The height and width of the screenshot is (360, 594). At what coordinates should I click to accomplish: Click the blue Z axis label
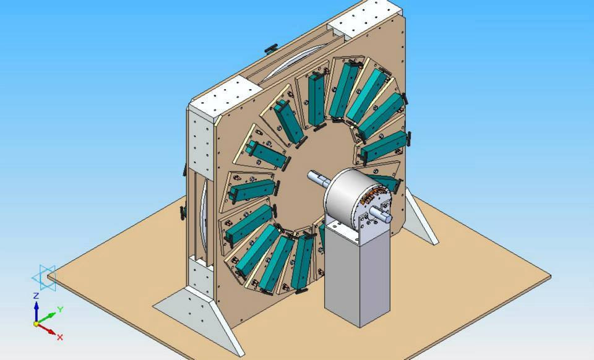coord(36,296)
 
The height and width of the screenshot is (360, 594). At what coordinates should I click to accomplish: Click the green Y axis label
coord(59,309)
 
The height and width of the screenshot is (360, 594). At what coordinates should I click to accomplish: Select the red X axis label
coord(60,337)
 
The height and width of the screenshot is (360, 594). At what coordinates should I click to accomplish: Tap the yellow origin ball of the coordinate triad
coord(37,323)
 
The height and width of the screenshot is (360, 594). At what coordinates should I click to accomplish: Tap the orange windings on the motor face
coord(374,196)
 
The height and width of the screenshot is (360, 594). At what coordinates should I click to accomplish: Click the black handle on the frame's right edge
coord(405,99)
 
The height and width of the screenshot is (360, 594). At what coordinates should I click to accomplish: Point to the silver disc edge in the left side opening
coord(204,216)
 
